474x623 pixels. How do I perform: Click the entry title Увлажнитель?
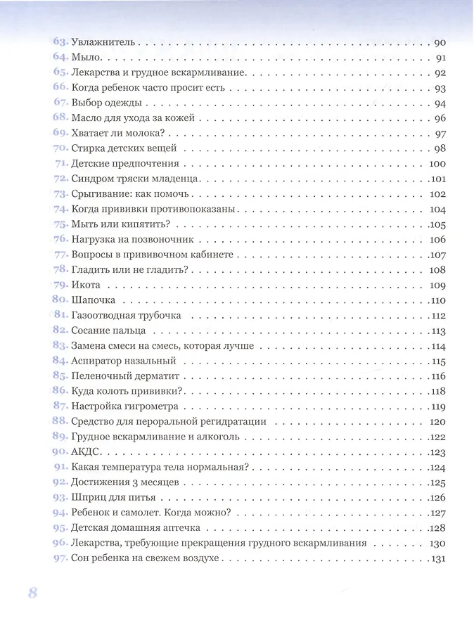tap(104, 43)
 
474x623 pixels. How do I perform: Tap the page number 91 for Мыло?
tap(442, 58)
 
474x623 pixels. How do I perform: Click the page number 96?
tap(441, 119)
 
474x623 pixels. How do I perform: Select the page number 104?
tap(439, 210)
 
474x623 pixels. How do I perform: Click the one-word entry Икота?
tap(86, 285)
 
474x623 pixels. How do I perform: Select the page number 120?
tap(439, 422)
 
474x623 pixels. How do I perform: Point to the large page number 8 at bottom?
tap(32, 592)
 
